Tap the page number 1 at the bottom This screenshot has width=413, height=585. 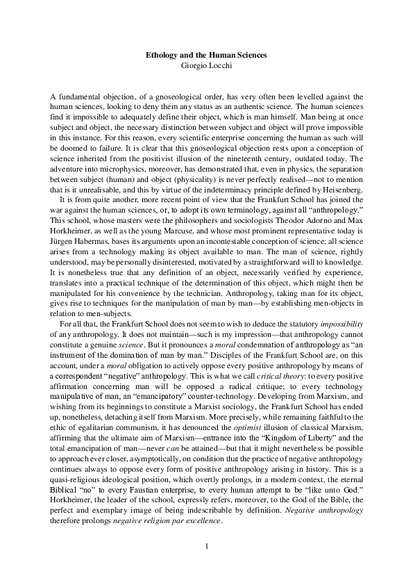tap(206, 546)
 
